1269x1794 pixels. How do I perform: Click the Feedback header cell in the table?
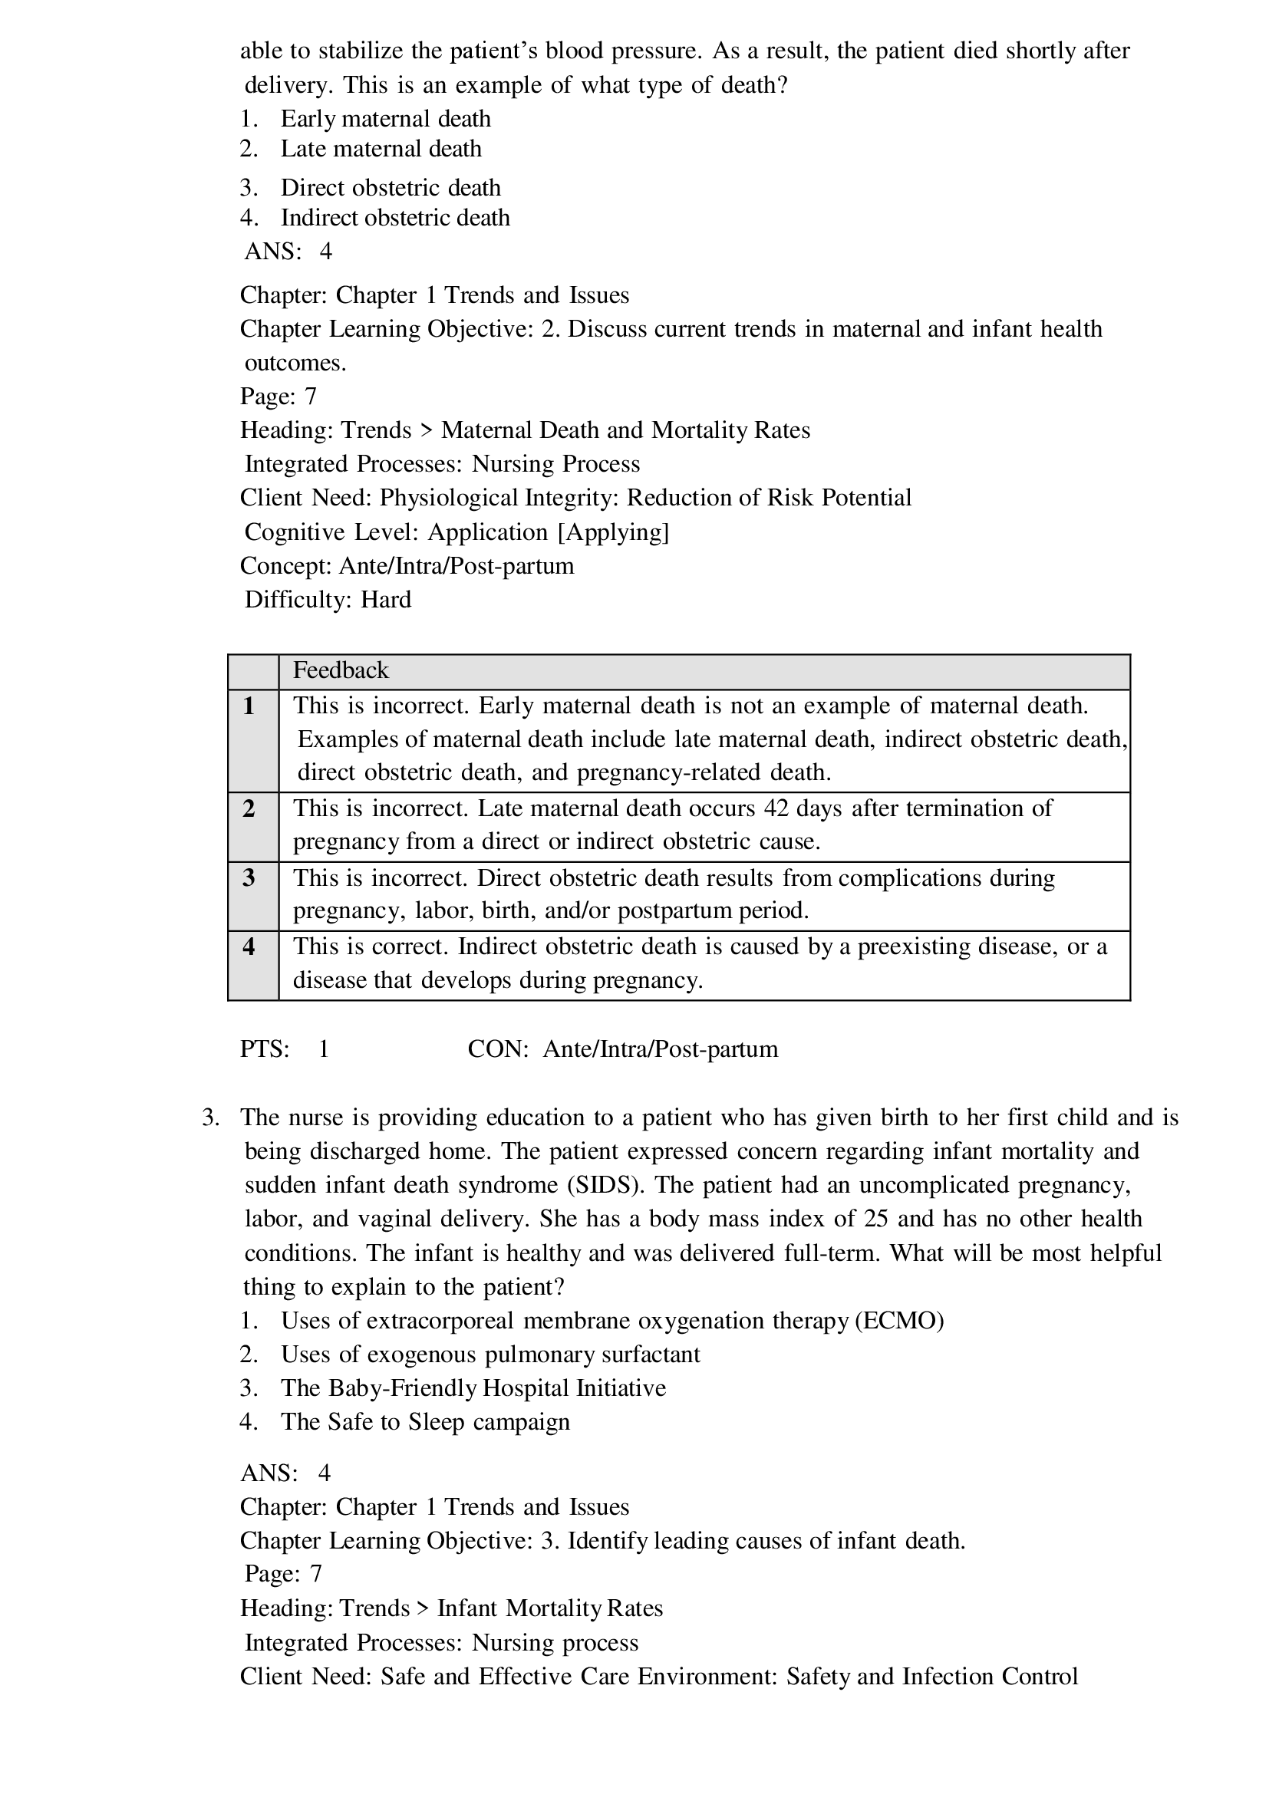341,670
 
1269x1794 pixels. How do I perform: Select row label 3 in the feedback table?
249,877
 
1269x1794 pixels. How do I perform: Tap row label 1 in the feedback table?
249,706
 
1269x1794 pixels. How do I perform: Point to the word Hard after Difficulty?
386,599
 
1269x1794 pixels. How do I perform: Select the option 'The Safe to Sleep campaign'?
425,1421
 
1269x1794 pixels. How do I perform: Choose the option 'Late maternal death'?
381,149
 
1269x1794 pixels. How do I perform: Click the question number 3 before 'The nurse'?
209,1118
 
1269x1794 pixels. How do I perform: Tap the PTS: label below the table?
264,1048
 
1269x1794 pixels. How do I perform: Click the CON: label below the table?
499,1048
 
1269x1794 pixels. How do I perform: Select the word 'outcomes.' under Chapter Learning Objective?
295,363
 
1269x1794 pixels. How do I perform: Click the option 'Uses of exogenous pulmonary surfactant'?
490,1354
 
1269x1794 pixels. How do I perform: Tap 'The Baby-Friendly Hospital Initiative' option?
473,1387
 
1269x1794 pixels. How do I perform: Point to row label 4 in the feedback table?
249,946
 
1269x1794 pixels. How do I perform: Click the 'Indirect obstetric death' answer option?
394,217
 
